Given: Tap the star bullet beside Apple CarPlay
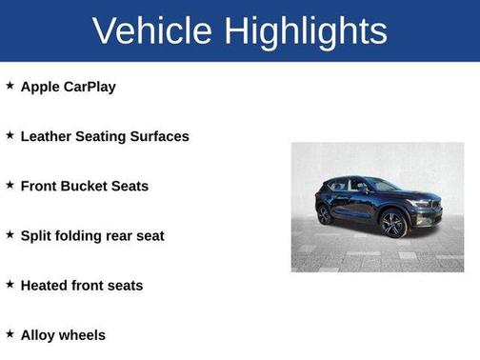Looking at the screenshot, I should click(x=10, y=86).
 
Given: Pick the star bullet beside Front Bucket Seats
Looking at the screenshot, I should click(x=10, y=185).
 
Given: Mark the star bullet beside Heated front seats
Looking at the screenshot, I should click(x=10, y=284).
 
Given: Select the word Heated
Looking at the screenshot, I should click(x=44, y=285).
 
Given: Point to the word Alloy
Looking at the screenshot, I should click(x=38, y=334).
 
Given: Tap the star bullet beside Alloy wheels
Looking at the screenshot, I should click(x=10, y=333).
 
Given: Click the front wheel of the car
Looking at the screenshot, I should click(x=393, y=225).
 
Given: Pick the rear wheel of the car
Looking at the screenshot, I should click(x=325, y=214).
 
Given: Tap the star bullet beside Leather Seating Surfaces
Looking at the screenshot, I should click(x=10, y=135).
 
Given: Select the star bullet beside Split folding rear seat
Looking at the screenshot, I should click(x=10, y=234).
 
